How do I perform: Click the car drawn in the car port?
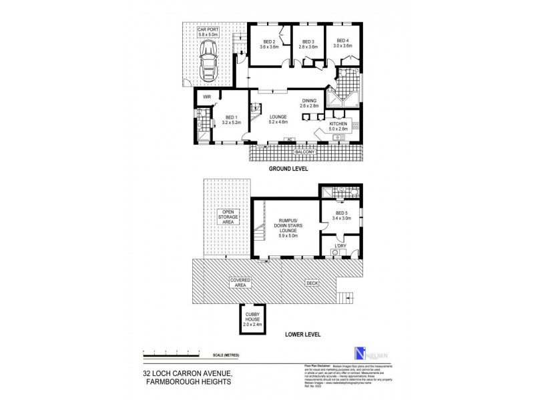208,61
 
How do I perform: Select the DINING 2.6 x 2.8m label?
310,103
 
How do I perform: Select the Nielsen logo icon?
361,355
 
